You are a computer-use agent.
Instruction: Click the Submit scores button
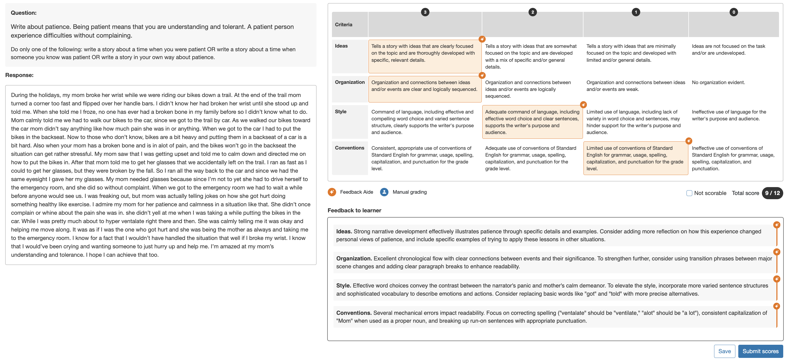(760, 351)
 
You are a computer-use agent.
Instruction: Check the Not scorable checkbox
(689, 193)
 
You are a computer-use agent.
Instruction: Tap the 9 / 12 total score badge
(772, 193)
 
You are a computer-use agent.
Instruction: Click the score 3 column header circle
(425, 12)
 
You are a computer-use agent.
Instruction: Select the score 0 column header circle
(734, 12)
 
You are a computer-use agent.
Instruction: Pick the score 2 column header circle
(533, 12)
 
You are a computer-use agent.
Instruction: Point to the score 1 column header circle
(636, 12)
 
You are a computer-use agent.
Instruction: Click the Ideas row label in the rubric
(341, 46)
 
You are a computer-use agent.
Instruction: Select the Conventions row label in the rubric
(350, 148)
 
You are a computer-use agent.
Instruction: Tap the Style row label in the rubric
(341, 112)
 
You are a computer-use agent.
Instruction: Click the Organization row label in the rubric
(350, 82)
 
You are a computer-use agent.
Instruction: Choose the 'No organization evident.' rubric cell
(718, 82)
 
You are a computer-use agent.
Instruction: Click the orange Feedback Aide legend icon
(332, 192)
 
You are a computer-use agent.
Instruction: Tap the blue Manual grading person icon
(384, 192)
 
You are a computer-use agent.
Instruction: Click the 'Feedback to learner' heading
(354, 210)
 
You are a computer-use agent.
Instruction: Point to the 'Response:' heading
(19, 75)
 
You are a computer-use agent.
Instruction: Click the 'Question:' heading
(24, 13)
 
